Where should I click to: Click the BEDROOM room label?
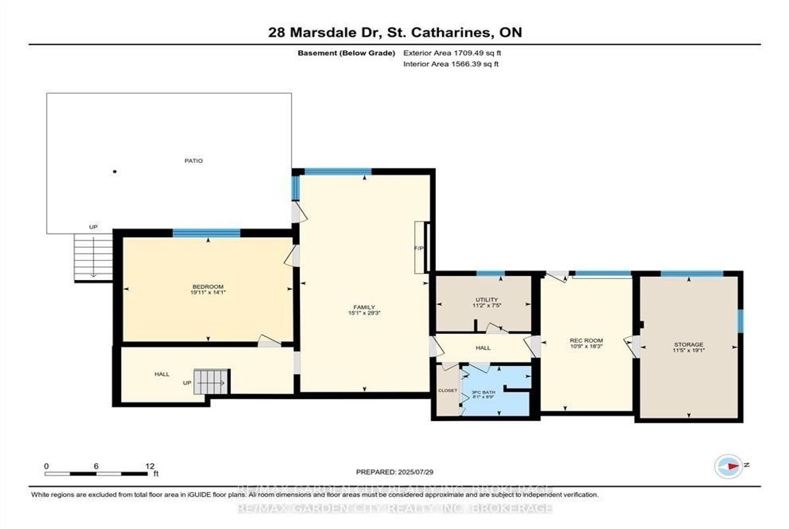tap(208, 287)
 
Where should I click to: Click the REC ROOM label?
tap(581, 340)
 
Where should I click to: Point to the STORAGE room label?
tap(688, 344)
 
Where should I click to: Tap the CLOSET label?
tap(448, 390)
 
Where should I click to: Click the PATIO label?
tap(193, 160)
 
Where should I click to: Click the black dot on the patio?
tap(114, 172)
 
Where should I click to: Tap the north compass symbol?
tap(729, 465)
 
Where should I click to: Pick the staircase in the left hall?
tap(210, 382)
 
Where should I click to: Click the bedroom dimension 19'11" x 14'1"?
tap(208, 294)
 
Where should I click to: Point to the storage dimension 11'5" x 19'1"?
tap(688, 352)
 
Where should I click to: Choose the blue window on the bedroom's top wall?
tap(206, 233)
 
